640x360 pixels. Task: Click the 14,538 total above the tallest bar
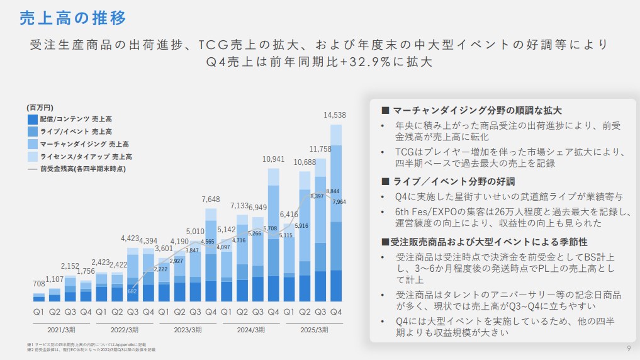point(335,115)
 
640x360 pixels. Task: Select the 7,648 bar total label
point(211,200)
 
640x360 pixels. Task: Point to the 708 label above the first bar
point(39,284)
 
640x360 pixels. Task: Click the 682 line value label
point(132,290)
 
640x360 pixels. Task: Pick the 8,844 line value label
point(334,191)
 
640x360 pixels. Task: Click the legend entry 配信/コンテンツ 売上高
point(76,119)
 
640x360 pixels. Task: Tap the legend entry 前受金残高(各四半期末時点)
point(82,169)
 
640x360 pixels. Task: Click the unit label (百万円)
point(40,108)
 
